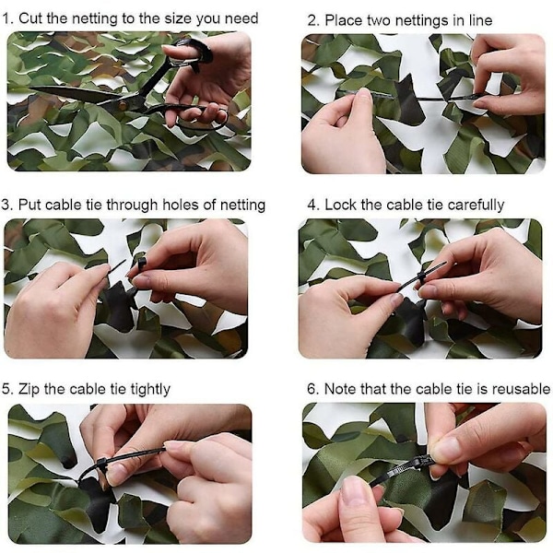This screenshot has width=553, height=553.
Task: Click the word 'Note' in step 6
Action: [x=340, y=389]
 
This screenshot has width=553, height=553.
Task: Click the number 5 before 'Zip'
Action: [x=6, y=389]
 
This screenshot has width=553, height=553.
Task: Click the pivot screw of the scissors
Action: [x=124, y=105]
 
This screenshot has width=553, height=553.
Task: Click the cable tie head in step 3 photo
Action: [x=141, y=263]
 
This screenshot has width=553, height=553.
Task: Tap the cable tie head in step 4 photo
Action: [x=421, y=276]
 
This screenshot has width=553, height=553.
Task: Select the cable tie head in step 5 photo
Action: [x=100, y=462]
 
